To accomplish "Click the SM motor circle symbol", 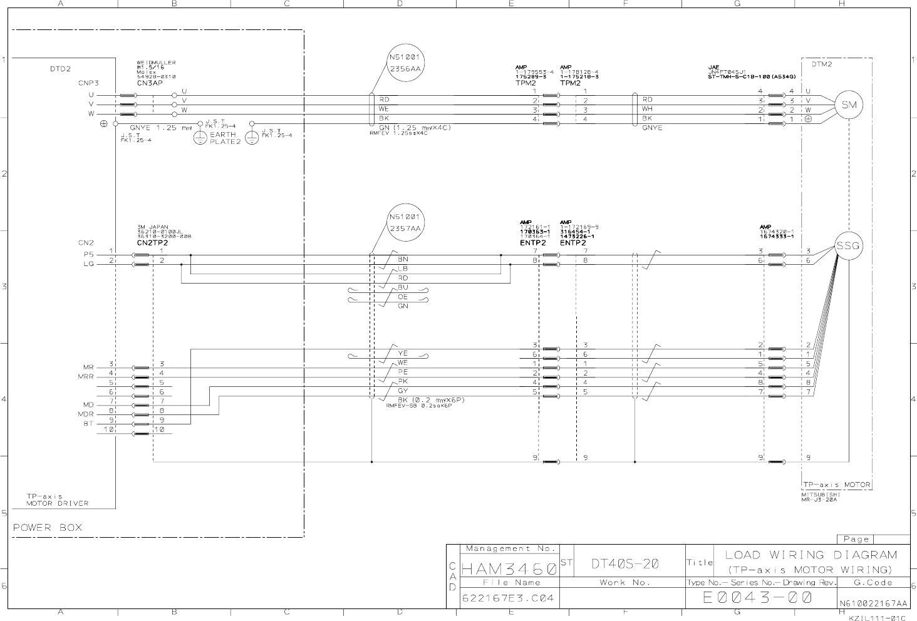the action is (x=849, y=105).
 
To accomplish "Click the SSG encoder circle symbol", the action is (x=849, y=246).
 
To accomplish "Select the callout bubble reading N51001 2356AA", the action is (x=405, y=63).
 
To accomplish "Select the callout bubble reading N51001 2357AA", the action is (x=405, y=223).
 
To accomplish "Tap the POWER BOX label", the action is (x=48, y=527).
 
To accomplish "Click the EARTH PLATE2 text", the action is (x=224, y=138).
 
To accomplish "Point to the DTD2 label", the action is (x=60, y=69).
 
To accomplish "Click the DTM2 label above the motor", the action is (x=822, y=64).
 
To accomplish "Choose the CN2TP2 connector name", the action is (x=152, y=242).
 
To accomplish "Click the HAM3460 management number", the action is (x=509, y=570).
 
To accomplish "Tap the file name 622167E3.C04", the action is (x=508, y=598).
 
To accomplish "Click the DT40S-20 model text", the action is (x=624, y=563).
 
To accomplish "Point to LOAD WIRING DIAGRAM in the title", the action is (x=811, y=555).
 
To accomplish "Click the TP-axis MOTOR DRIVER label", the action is (x=58, y=500).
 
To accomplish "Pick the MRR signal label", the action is (x=85, y=377).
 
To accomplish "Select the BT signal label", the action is (x=88, y=424).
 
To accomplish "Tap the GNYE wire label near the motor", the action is (x=652, y=128).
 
